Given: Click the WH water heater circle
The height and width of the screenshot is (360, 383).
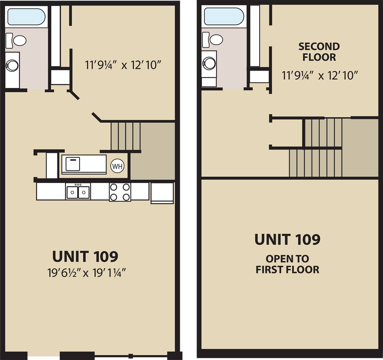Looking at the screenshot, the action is pyautogui.click(x=117, y=166).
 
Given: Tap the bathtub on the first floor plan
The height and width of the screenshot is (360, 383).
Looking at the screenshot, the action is pyautogui.click(x=26, y=17).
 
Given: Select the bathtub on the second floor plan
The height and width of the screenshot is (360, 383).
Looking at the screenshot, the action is pyautogui.click(x=224, y=16).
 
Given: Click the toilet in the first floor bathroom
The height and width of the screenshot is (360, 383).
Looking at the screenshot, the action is pyautogui.click(x=16, y=41).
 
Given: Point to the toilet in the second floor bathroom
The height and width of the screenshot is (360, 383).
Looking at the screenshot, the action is pyautogui.click(x=213, y=40).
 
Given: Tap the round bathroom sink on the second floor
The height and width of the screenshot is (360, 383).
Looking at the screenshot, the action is pyautogui.click(x=209, y=63).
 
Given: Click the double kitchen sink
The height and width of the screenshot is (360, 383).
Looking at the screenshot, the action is pyautogui.click(x=78, y=192).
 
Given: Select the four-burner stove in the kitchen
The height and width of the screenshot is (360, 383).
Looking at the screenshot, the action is pyautogui.click(x=120, y=192).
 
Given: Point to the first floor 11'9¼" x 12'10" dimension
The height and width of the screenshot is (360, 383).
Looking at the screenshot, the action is pyautogui.click(x=123, y=65).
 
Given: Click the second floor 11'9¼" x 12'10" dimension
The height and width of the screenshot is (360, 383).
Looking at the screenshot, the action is pyautogui.click(x=320, y=75).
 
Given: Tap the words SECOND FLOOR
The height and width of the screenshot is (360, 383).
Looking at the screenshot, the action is pyautogui.click(x=319, y=52).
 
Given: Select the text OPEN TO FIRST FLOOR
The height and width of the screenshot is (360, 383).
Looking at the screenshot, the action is pyautogui.click(x=287, y=264).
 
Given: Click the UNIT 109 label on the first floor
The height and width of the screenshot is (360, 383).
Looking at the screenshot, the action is pyautogui.click(x=85, y=256).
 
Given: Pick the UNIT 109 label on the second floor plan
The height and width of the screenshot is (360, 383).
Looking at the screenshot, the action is pyautogui.click(x=287, y=239).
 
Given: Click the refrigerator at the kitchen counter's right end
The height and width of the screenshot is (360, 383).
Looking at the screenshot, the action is pyautogui.click(x=162, y=193).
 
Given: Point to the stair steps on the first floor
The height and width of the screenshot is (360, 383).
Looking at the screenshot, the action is pyautogui.click(x=126, y=136).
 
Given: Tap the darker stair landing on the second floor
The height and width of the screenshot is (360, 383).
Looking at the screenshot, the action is pyautogui.click(x=360, y=148).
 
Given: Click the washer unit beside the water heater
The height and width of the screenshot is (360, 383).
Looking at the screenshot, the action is pyautogui.click(x=84, y=164).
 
